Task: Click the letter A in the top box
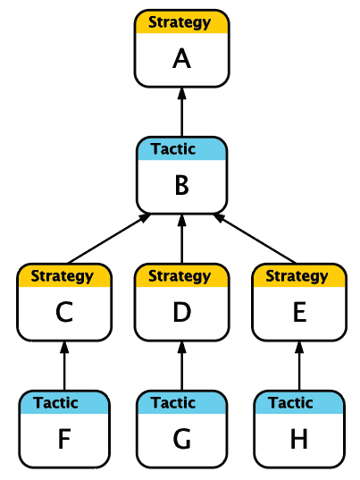[181, 59]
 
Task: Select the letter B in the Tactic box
[181, 186]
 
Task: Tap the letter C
[64, 312]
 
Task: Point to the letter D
[181, 312]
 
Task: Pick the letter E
[299, 312]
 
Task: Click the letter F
[64, 439]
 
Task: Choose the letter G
[181, 439]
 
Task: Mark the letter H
[299, 439]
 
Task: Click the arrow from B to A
[182, 112]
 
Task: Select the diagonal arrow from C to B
[109, 239]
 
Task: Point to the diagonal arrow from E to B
[255, 239]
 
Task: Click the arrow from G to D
[182, 366]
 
